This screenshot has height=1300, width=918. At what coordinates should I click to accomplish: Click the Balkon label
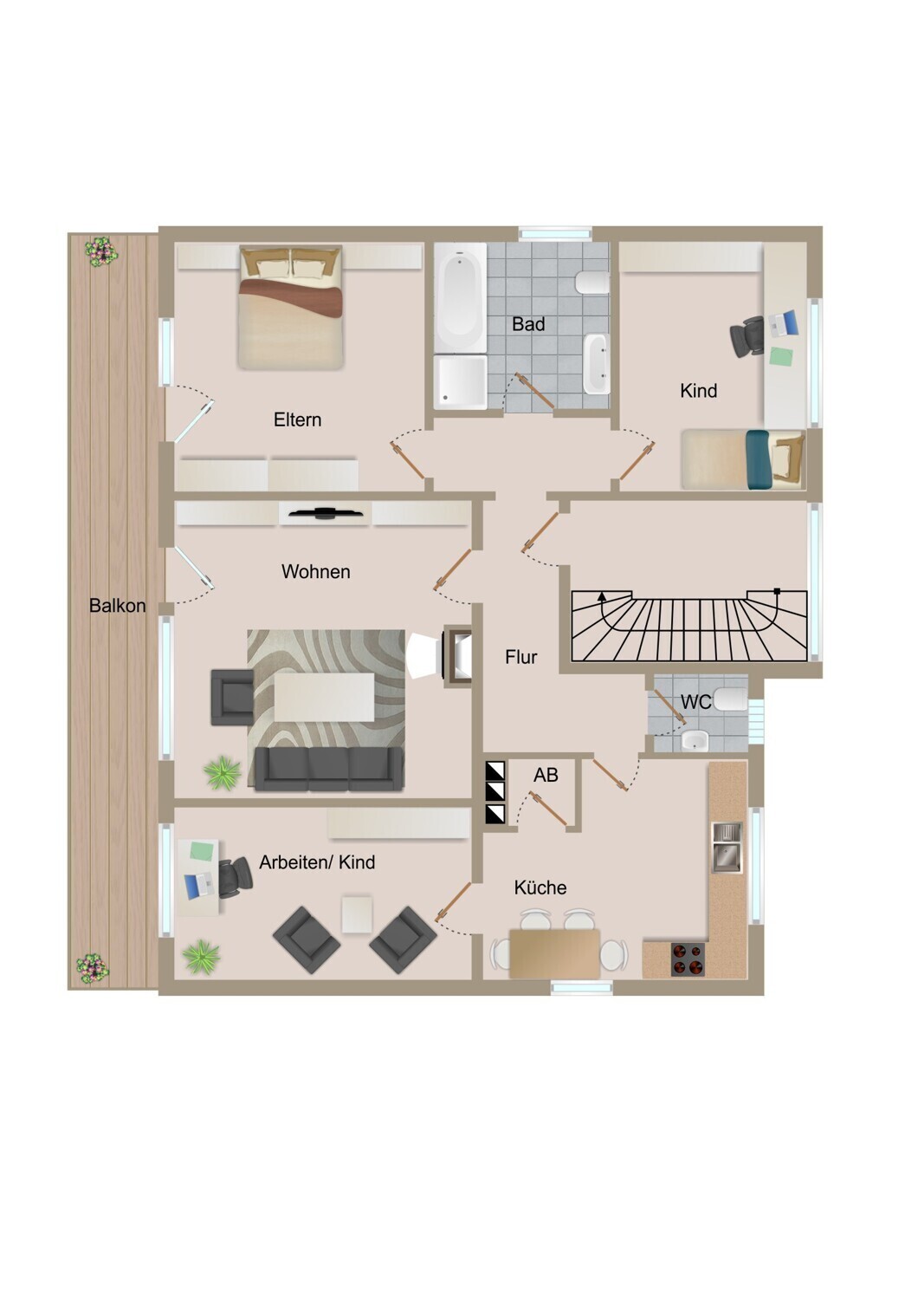117,605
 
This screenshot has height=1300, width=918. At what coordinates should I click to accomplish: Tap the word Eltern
298,419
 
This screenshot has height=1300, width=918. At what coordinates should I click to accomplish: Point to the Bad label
528,324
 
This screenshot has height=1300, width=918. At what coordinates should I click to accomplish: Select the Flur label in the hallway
520,657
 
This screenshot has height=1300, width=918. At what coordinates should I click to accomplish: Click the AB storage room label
546,775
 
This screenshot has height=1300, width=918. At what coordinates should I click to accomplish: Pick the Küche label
540,887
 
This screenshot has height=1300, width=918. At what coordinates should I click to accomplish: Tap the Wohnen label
315,572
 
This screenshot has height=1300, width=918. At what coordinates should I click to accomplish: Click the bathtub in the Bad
461,297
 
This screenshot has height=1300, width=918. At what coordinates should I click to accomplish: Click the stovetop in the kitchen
688,959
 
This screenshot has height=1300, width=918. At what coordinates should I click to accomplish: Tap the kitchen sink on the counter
727,848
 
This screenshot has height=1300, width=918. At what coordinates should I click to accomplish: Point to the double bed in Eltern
290,308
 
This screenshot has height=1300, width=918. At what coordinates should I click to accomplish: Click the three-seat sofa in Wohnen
329,769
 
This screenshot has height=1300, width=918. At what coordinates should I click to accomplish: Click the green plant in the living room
222,773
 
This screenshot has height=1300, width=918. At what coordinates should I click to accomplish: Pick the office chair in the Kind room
747,336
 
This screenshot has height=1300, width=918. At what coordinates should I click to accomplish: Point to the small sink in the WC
695,740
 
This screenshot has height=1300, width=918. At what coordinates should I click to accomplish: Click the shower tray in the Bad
461,382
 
